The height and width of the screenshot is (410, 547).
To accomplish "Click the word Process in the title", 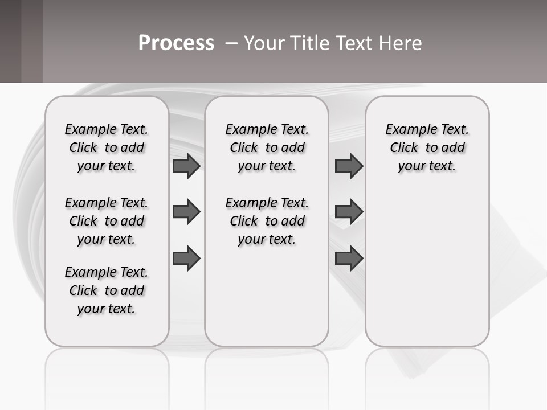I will click(176, 43).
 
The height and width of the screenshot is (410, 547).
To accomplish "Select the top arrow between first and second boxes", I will click(186, 166).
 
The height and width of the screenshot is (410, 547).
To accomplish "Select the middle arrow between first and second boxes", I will click(186, 212).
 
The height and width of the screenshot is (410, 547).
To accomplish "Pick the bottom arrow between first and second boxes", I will click(186, 257).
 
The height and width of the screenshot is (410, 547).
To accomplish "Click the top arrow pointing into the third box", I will click(349, 166).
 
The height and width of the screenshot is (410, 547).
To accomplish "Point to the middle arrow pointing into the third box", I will click(349, 212).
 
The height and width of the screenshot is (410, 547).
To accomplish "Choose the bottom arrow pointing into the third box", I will click(349, 257).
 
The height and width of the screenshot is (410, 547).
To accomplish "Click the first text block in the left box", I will click(107, 147).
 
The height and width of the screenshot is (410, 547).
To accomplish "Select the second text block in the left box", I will click(107, 221).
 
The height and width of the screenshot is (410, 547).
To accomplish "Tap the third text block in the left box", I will click(107, 290).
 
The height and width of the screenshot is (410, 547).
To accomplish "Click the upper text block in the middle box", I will click(267, 147).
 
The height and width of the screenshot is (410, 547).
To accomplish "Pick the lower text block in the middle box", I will click(267, 221).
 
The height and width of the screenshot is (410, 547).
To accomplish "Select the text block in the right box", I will click(427, 147).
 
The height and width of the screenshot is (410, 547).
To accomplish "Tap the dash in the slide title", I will click(231, 43).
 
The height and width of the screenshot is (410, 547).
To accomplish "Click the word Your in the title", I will click(264, 43).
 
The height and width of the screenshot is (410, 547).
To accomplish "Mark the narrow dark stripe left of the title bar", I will click(31, 41).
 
